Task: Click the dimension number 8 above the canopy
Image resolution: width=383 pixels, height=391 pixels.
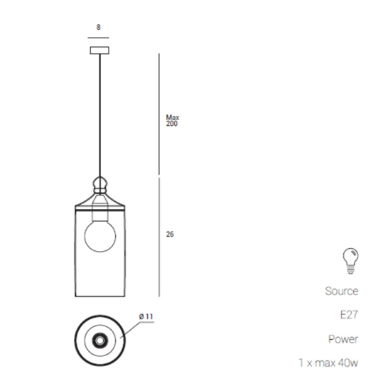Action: (98, 27)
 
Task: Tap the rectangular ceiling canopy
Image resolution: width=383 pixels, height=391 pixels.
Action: (99, 50)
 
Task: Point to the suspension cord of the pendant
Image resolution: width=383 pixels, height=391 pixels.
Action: (99, 114)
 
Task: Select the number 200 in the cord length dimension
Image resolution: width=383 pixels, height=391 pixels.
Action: (171, 124)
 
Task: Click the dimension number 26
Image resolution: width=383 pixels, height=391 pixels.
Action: (170, 234)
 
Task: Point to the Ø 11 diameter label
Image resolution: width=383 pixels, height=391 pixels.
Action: (146, 316)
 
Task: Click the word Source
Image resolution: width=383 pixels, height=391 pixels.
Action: (342, 291)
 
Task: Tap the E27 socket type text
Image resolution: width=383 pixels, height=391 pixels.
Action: (348, 315)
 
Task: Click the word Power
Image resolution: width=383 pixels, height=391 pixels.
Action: (343, 339)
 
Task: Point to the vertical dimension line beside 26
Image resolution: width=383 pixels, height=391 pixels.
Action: (158, 238)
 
